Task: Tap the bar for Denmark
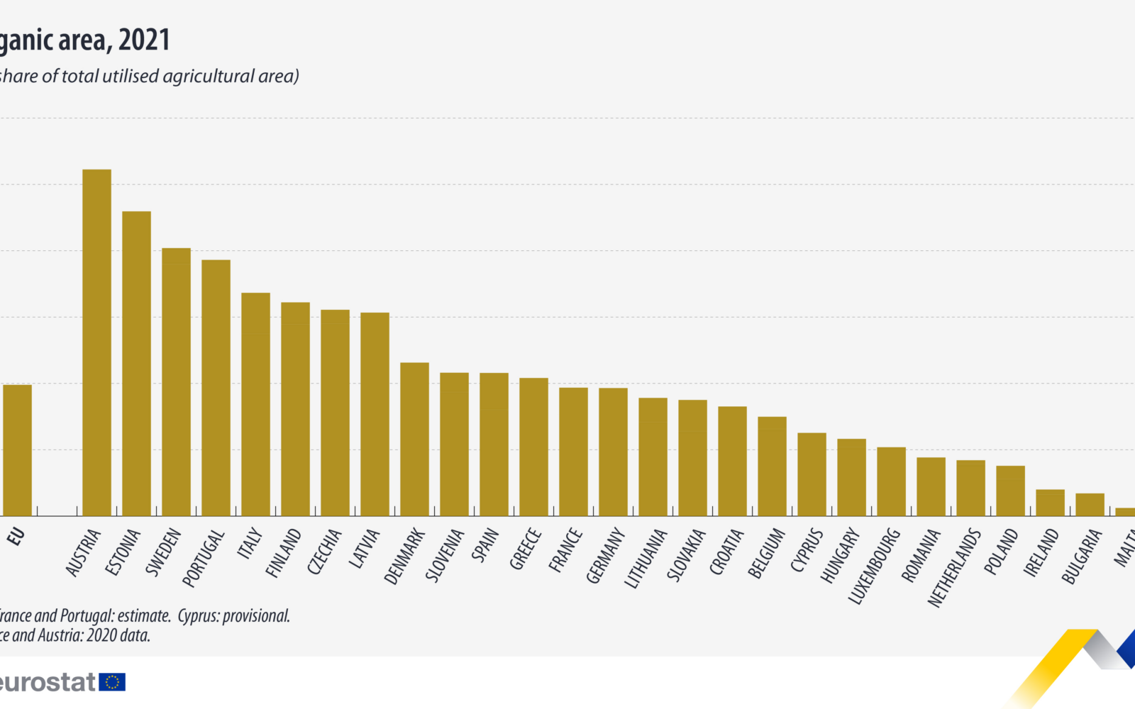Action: (414, 439)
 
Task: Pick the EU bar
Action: (17, 450)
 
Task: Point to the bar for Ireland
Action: (1050, 503)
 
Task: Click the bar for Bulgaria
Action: (1090, 505)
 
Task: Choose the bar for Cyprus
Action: (812, 474)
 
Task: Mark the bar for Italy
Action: (255, 404)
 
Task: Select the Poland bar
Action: (1010, 491)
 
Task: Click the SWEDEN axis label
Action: (163, 552)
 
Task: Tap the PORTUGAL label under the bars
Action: (203, 559)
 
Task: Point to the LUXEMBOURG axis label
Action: (873, 566)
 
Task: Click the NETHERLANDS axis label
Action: (953, 568)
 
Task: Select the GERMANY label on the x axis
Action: (604, 556)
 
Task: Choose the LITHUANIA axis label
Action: (645, 559)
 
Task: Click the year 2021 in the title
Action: (144, 40)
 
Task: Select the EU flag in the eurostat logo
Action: (112, 682)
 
